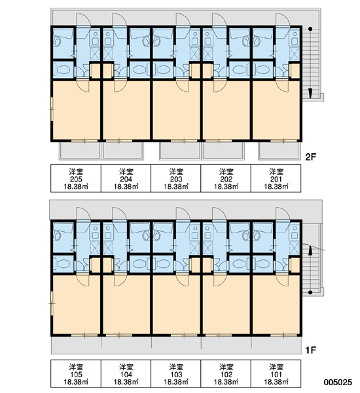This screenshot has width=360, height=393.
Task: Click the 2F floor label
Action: (x=311, y=157)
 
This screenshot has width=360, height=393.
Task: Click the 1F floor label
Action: (x=311, y=350)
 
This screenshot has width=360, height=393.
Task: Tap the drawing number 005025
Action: (x=338, y=382)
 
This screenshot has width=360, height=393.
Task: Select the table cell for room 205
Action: (x=76, y=178)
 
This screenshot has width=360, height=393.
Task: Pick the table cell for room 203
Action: (x=176, y=178)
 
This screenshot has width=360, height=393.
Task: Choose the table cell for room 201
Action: (x=276, y=178)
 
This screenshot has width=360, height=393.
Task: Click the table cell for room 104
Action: (x=126, y=374)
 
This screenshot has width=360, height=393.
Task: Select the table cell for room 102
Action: (x=226, y=374)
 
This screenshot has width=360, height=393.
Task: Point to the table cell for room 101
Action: (x=276, y=374)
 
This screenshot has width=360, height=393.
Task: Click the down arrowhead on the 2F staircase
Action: (x=310, y=93)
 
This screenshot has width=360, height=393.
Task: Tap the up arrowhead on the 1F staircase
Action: (x=310, y=251)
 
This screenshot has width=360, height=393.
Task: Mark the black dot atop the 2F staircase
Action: (x=310, y=29)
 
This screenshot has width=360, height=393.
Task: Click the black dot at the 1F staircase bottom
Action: (x=310, y=293)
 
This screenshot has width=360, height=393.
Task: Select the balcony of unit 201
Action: (x=279, y=151)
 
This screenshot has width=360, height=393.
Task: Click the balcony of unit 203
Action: (x=180, y=151)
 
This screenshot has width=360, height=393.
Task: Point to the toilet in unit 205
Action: (x=63, y=69)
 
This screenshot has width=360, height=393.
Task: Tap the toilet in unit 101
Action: (x=264, y=264)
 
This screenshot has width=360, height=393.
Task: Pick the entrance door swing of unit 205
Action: (x=83, y=20)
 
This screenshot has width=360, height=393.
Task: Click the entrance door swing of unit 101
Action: (x=283, y=214)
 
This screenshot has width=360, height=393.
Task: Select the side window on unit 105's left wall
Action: (x=52, y=303)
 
